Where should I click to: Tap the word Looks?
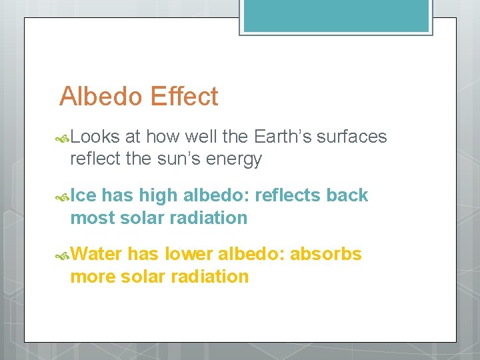(95, 137)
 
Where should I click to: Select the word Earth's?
(283, 137)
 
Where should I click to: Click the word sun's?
(185, 159)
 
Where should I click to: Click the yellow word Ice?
(83, 195)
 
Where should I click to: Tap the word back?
(347, 195)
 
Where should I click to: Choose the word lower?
(188, 254)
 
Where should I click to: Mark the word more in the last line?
(93, 277)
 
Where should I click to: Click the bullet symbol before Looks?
(63, 138)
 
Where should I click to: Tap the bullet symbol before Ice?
(63, 197)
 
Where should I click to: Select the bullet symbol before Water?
(63, 255)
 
